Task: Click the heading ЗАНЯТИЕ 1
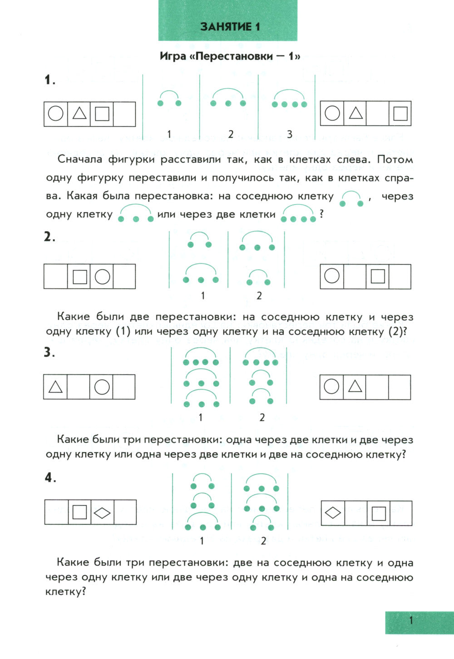230,26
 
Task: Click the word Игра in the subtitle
173,56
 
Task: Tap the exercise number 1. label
49,80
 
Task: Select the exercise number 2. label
49,237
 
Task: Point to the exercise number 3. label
49,353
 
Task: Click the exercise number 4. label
50,478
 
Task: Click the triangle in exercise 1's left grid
79,113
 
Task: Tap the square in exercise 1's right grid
400,113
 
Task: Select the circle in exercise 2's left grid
102,276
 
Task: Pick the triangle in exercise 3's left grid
55,387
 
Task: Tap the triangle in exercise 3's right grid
355,386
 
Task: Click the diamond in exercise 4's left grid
102,513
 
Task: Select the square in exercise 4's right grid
378,513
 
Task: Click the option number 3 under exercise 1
290,134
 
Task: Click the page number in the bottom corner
411,620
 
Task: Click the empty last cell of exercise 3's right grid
400,387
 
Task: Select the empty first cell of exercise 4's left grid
57,512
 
